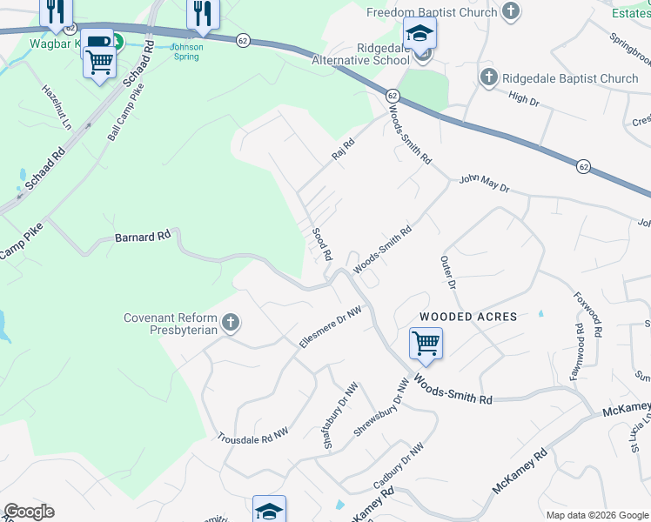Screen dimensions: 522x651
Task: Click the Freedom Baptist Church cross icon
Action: [x=511, y=12]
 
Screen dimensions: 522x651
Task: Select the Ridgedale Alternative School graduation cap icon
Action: [x=420, y=35]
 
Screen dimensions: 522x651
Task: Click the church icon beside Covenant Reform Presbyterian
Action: [x=231, y=324]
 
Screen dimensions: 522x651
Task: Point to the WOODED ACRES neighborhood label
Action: [x=468, y=317]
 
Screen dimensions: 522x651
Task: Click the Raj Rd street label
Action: [x=344, y=149]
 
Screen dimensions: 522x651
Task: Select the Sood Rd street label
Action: [x=322, y=244]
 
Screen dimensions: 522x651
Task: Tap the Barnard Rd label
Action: [x=143, y=237]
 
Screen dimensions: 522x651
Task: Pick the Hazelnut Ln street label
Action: [x=57, y=107]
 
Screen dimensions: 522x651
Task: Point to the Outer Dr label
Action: [x=448, y=271]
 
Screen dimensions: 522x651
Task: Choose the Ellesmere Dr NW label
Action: [x=330, y=327]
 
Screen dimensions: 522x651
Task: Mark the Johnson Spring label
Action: [x=185, y=51]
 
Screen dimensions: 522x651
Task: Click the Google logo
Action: [x=29, y=512]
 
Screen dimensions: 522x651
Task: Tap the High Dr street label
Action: [x=524, y=99]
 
